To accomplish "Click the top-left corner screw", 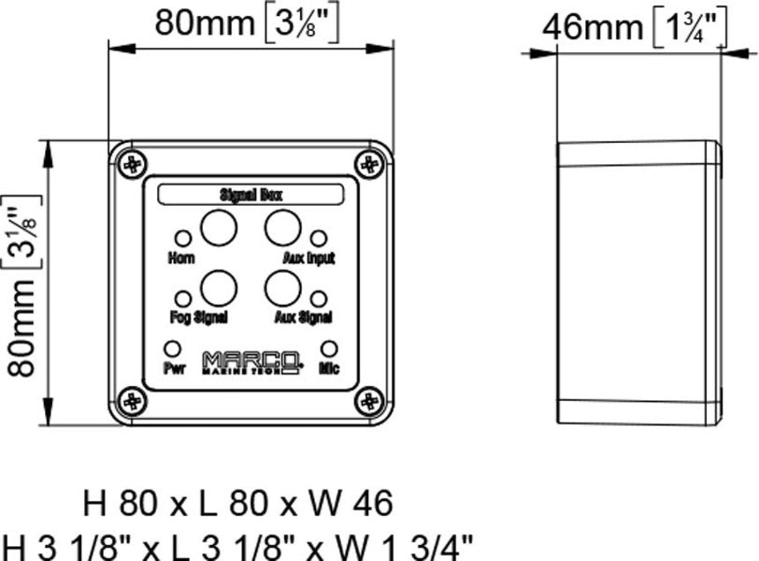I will (133, 163).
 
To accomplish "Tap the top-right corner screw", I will (369, 163).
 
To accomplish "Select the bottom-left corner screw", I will (133, 401).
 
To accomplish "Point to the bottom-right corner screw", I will (369, 401).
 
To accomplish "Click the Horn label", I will (181, 259).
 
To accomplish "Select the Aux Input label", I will (309, 259).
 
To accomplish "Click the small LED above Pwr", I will (173, 348).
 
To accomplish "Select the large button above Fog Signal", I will (218, 287).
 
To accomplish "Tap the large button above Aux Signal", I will (282, 287).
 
